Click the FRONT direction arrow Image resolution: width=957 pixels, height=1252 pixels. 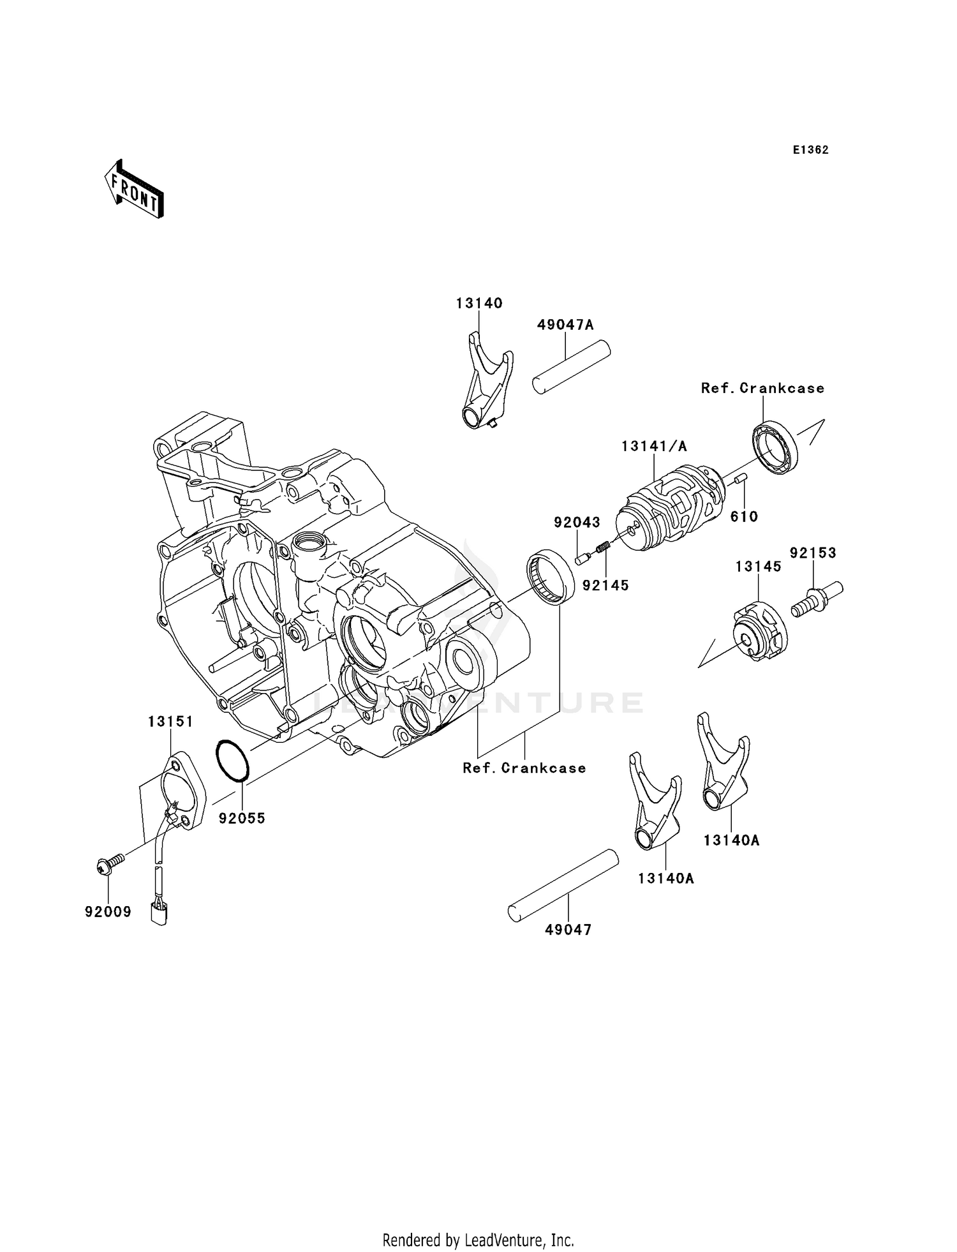[134, 190]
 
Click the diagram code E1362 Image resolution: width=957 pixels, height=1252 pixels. [810, 150]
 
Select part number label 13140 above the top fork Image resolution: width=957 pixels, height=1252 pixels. [478, 303]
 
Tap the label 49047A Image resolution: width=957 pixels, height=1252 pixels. [565, 325]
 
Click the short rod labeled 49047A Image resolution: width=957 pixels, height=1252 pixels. [572, 368]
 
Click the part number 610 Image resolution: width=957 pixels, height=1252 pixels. [744, 517]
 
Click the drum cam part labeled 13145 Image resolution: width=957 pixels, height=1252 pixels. [759, 632]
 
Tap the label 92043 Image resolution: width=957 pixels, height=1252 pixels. [577, 523]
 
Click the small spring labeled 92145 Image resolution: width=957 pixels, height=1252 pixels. [604, 548]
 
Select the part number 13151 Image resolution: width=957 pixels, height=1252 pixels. [170, 722]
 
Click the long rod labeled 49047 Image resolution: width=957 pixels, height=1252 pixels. [563, 885]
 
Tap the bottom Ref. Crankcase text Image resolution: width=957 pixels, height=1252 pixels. [524, 768]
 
